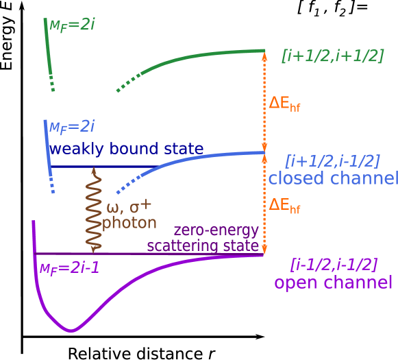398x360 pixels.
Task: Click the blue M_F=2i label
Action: point(71,126)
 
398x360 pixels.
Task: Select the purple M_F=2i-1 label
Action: point(69,268)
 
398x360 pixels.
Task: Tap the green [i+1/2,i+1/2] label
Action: point(332,56)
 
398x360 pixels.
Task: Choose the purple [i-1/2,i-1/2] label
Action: point(334,264)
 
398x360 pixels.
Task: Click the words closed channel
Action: point(332,179)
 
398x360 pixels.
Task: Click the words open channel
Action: point(333,283)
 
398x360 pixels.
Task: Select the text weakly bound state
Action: point(126,149)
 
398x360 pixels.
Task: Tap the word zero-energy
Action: point(216,230)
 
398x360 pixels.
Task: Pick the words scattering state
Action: point(203,245)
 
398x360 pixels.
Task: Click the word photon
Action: point(129,223)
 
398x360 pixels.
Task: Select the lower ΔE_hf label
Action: point(284,205)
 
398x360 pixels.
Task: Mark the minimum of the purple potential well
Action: point(71,331)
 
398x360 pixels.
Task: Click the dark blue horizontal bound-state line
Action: point(103,167)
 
